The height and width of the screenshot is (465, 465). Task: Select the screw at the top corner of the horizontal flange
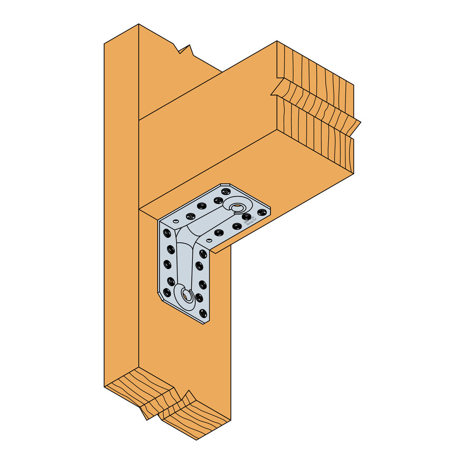(x=226, y=191)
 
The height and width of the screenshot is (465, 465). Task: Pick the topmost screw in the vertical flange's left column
(x=167, y=234)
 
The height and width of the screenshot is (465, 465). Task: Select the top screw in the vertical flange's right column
(x=203, y=254)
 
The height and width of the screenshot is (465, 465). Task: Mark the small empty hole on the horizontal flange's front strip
(x=209, y=240)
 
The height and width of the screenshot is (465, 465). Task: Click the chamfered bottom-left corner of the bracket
(x=160, y=297)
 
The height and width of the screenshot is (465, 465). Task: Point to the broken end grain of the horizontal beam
(x=317, y=106)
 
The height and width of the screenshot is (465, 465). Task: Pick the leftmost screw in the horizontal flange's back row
(x=191, y=216)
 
